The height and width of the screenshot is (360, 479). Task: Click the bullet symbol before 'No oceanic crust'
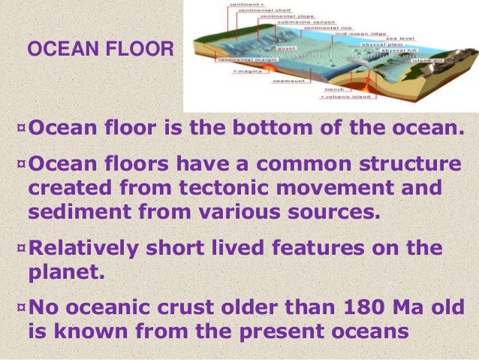pos(20,306)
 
